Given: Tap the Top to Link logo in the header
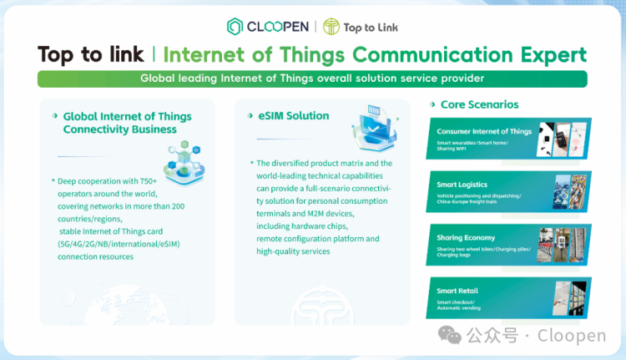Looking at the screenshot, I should coord(361,27).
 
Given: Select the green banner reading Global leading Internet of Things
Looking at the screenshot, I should coord(312,79).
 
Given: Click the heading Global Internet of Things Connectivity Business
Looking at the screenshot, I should coord(127,123).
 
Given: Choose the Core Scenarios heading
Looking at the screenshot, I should coord(479,105).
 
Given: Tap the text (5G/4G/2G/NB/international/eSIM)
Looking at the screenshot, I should coord(119,244).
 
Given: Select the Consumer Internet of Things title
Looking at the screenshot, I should coord(484,132).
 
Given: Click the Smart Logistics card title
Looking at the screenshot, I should coord(462,185).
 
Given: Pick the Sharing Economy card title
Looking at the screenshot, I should coord(466,238).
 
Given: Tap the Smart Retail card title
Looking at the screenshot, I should coord(457,291).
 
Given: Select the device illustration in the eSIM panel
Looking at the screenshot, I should coord(373,130).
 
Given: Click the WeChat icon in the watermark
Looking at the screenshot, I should coord(451,335).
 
